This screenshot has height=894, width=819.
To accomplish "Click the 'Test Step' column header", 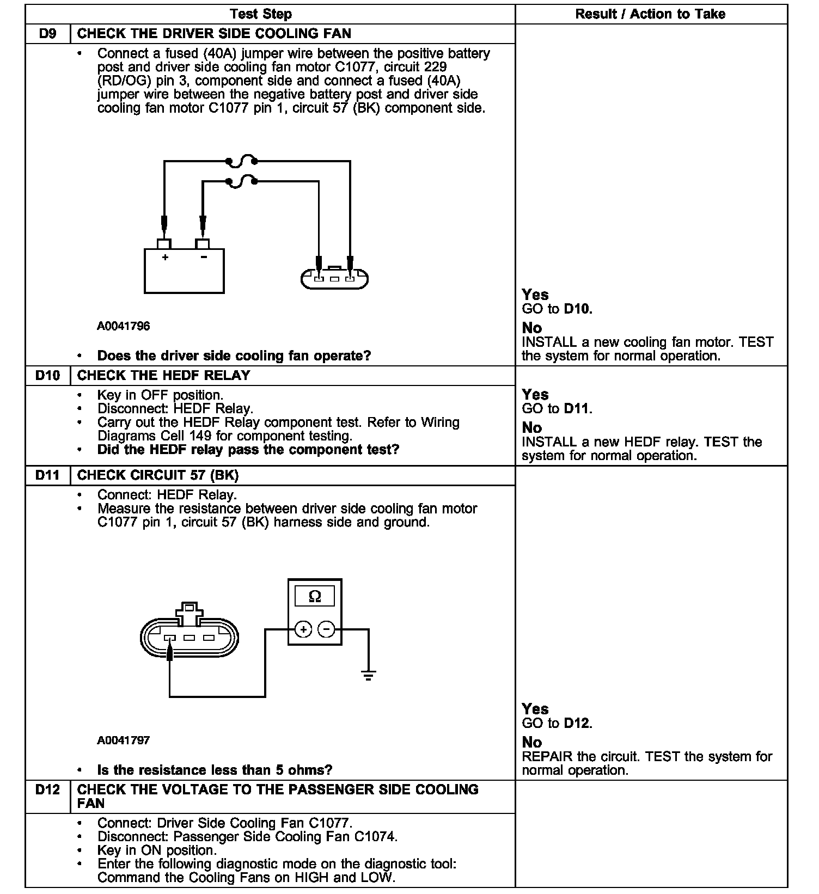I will tap(260, 14).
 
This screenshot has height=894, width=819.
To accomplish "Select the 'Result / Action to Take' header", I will tap(650, 14).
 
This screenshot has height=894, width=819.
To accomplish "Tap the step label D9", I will tap(48, 34).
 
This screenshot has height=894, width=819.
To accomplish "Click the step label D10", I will tap(48, 376).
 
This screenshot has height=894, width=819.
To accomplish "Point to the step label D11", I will tap(48, 475).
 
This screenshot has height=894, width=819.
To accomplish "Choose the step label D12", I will tap(48, 789).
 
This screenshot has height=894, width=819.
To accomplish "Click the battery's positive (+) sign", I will tap(165, 257).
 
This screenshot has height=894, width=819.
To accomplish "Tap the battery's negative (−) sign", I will tap(203, 257).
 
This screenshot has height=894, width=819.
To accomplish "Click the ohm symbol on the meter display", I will tap(315, 597).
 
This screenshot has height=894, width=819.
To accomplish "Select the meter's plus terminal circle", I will tap(303, 630).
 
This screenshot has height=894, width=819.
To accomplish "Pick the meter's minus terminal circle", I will tap(326, 630).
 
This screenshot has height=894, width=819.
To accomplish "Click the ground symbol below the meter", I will tap(369, 676).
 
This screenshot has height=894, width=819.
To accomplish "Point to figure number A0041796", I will tap(124, 326).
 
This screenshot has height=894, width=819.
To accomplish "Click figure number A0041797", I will tap(124, 740).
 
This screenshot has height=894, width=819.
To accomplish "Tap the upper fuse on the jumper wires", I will tap(241, 160).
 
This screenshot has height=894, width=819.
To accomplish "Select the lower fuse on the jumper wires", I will tap(241, 182).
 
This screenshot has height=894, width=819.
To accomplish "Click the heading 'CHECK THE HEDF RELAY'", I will tap(163, 376).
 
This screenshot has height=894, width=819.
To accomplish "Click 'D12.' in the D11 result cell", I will tap(578, 723).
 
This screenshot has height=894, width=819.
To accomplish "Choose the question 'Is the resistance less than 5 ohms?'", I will tap(215, 770).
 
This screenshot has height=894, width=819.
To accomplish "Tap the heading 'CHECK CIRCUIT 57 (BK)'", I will tap(158, 475).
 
